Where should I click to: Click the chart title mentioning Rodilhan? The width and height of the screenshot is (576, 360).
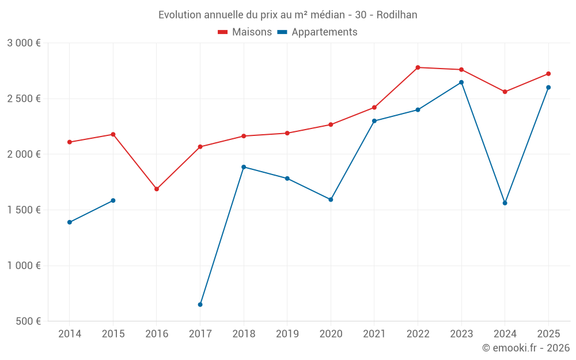(287, 14)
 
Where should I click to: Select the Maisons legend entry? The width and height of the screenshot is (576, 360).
(245, 32)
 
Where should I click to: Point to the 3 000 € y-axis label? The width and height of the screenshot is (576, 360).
(24, 43)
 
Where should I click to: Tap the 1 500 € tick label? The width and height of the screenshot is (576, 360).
(24, 210)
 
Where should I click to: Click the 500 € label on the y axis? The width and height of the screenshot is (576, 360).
(28, 321)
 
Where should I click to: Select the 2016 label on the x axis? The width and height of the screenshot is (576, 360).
(157, 334)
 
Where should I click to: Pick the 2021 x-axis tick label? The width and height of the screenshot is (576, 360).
(374, 334)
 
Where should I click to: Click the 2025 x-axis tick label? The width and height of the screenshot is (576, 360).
(548, 334)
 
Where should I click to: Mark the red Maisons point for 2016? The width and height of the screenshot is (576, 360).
(157, 189)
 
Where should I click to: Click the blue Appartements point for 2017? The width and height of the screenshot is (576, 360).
(200, 305)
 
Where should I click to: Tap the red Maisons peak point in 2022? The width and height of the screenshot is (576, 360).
(418, 67)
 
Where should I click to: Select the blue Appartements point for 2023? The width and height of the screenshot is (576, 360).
(461, 82)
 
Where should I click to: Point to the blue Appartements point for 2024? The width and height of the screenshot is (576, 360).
(505, 203)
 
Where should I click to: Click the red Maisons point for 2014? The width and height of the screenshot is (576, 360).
(70, 142)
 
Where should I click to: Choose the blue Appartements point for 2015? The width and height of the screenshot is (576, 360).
(113, 200)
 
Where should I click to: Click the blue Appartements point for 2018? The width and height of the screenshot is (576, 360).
(244, 167)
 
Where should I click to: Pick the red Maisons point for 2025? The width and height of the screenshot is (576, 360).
(548, 74)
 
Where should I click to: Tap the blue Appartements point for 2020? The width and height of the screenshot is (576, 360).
(331, 200)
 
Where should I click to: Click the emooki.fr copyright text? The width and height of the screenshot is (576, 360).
(525, 348)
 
